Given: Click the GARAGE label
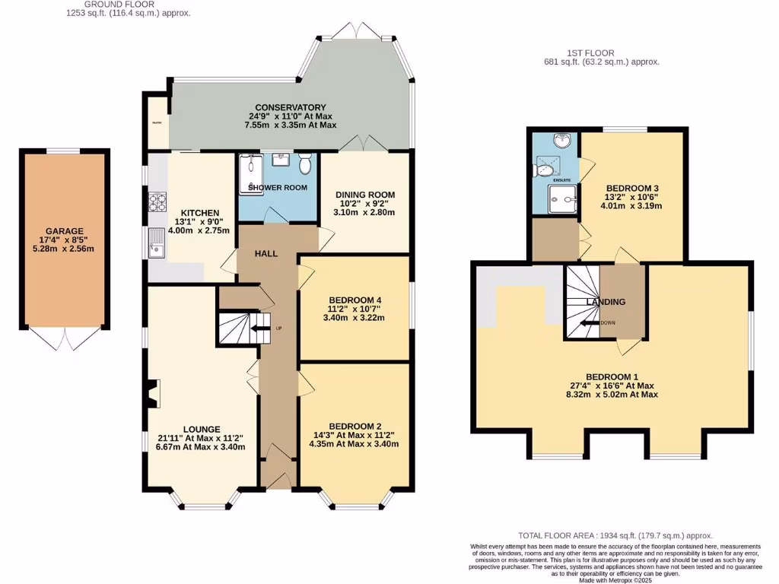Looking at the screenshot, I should point(64,231).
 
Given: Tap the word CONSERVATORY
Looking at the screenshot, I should point(291,107).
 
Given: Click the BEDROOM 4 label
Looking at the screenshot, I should point(356,299).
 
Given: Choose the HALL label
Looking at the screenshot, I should point(266,253).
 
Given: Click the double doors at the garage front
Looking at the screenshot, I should point(65,339).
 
